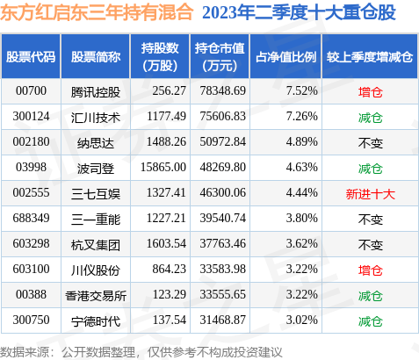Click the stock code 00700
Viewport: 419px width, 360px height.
pyautogui.click(x=30, y=90)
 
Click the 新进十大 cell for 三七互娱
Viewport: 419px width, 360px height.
pyautogui.click(x=369, y=191)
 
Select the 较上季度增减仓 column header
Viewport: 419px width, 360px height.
pyautogui.click(x=370, y=56)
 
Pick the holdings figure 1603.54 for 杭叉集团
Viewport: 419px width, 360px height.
pyautogui.click(x=159, y=241)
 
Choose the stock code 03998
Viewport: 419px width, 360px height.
pyautogui.click(x=30, y=165)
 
